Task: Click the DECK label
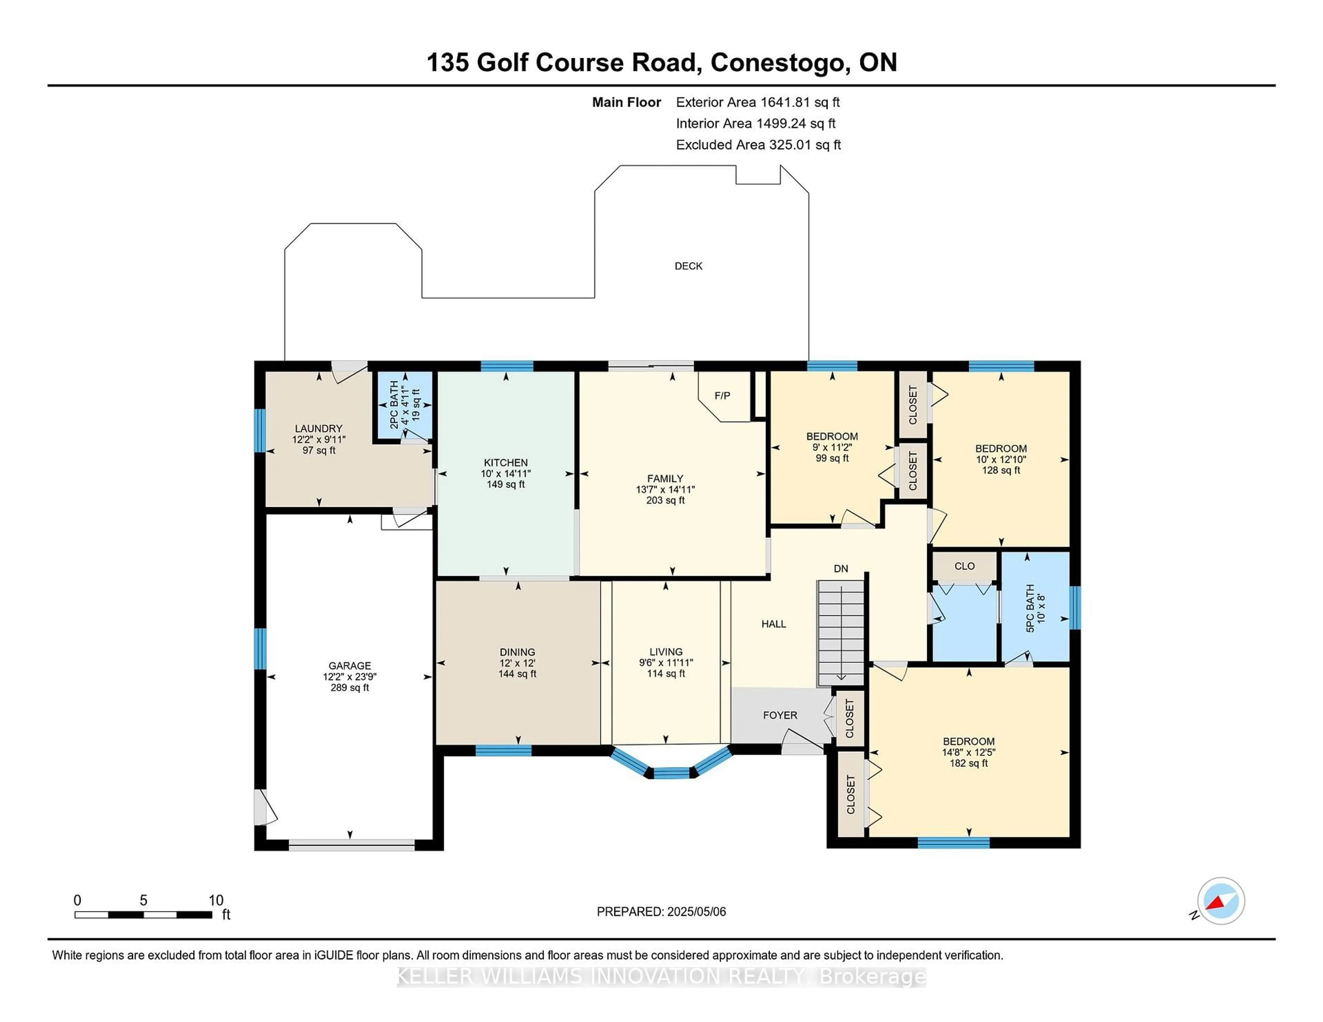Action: coord(688,266)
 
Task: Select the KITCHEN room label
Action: coord(506,462)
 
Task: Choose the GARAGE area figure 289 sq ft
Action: coord(350,688)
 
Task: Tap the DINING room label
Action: coord(517,652)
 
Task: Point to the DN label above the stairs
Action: coord(841,569)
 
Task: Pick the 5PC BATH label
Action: coord(1030,608)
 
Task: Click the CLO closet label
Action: coord(964,566)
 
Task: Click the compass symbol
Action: coord(1221,901)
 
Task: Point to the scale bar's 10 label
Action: coord(216,900)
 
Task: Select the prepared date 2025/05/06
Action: coord(696,911)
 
